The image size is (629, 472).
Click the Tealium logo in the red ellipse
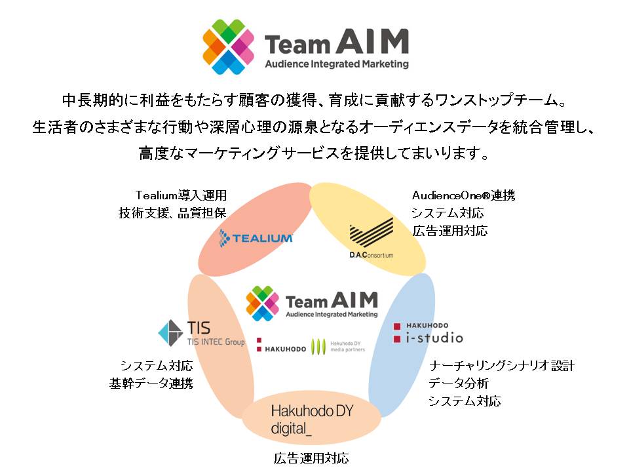pyautogui.click(x=256, y=238)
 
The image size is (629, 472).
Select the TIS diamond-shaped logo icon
pyautogui.click(x=170, y=333)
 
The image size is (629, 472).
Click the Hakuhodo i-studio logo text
pyautogui.click(x=428, y=334)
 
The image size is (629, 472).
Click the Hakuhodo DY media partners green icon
pyautogui.click(x=318, y=346)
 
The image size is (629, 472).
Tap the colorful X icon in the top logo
pyautogui.click(x=228, y=47)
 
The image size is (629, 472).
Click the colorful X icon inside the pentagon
pyautogui.click(x=262, y=304)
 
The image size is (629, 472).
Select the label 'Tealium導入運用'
pyautogui.click(x=181, y=195)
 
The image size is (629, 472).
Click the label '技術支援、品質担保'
pyautogui.click(x=172, y=213)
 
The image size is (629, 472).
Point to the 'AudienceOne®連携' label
pyautogui.click(x=464, y=195)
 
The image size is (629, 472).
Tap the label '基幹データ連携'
pyautogui.click(x=151, y=383)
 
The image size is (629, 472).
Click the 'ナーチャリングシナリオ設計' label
pyautogui.click(x=501, y=366)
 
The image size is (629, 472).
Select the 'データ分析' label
pyautogui.click(x=458, y=383)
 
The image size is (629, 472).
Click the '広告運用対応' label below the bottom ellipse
pyautogui.click(x=311, y=458)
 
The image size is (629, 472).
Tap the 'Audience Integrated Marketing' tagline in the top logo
pyautogui.click(x=337, y=64)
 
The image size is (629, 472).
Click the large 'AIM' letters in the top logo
pyautogui.click(x=372, y=41)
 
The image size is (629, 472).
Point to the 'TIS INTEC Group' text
pyautogui.click(x=216, y=342)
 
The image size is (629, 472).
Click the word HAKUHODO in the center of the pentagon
pyautogui.click(x=285, y=349)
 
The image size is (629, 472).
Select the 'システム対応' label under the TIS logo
pyautogui.click(x=157, y=366)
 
